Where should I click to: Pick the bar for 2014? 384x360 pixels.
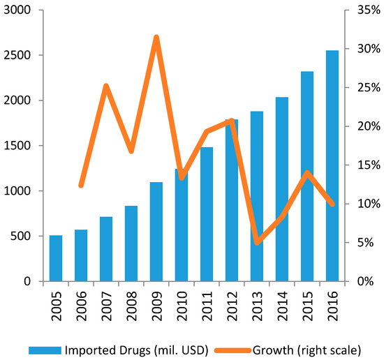coord(282,189)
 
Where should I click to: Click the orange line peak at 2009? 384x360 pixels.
coord(156,37)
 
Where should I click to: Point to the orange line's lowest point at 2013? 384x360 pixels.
coord(258,242)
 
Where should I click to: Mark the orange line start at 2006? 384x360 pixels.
coord(81,186)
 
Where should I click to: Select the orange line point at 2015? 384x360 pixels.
coord(307,172)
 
